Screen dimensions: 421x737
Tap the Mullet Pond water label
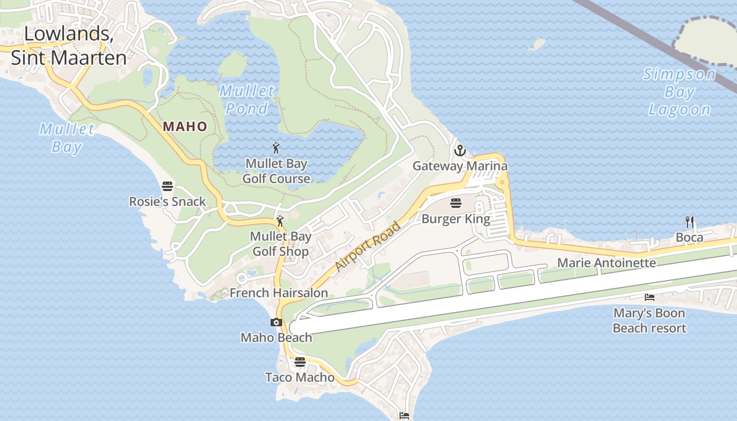pos(247,99)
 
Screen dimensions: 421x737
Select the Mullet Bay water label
pos(67,137)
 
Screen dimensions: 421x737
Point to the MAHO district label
pos(185,126)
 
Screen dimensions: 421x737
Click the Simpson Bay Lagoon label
pos(680,92)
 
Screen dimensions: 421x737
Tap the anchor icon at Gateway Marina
pos(460,151)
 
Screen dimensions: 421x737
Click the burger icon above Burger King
pos(456,203)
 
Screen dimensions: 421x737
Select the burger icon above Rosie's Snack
pos(167,186)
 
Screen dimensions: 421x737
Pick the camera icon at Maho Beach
pos(276,322)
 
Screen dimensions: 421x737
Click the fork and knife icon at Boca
pos(690,222)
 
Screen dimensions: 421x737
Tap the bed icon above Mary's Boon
pos(650,297)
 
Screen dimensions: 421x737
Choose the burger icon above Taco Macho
pos(300,362)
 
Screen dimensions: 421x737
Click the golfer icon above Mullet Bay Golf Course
pos(276,148)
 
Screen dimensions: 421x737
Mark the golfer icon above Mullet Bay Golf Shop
pos(280,221)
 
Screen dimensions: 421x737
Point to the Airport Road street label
pos(368,246)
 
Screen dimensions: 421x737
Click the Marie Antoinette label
pos(606,263)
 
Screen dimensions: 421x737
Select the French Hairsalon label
pos(278,293)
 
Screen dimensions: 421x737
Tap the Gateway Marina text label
pos(460,166)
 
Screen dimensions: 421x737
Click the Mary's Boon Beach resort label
pos(649,320)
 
